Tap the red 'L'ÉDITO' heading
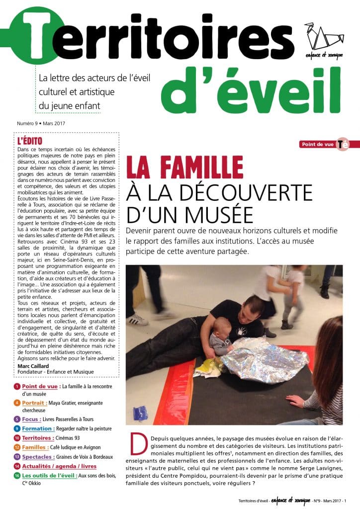coord(30,140)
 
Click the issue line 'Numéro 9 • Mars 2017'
coord(42,123)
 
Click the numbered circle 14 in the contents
coord(17,466)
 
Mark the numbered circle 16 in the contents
coord(17,476)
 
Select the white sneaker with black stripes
coord(137,319)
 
